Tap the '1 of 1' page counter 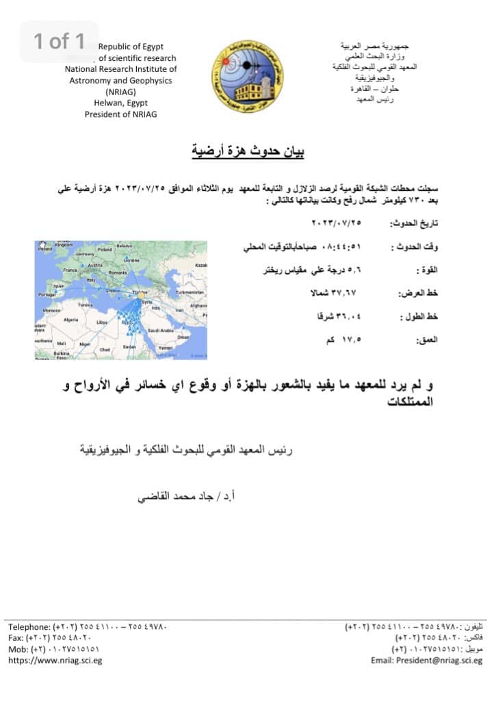[60, 41]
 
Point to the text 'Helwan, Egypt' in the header [120, 103]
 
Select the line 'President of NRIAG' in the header [120, 114]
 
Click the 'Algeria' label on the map [70, 320]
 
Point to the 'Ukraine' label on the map [131, 260]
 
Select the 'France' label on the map [70, 270]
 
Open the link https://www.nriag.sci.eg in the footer [55, 661]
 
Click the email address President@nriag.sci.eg [427, 661]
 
